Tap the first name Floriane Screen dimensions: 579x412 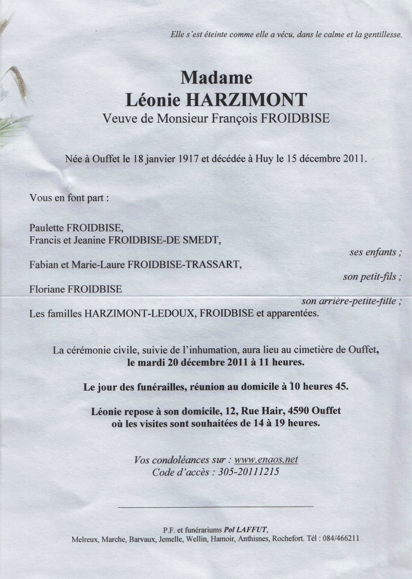48,289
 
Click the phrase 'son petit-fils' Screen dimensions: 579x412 371,277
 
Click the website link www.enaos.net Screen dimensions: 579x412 266,460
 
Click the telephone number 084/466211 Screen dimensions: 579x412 337,539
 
